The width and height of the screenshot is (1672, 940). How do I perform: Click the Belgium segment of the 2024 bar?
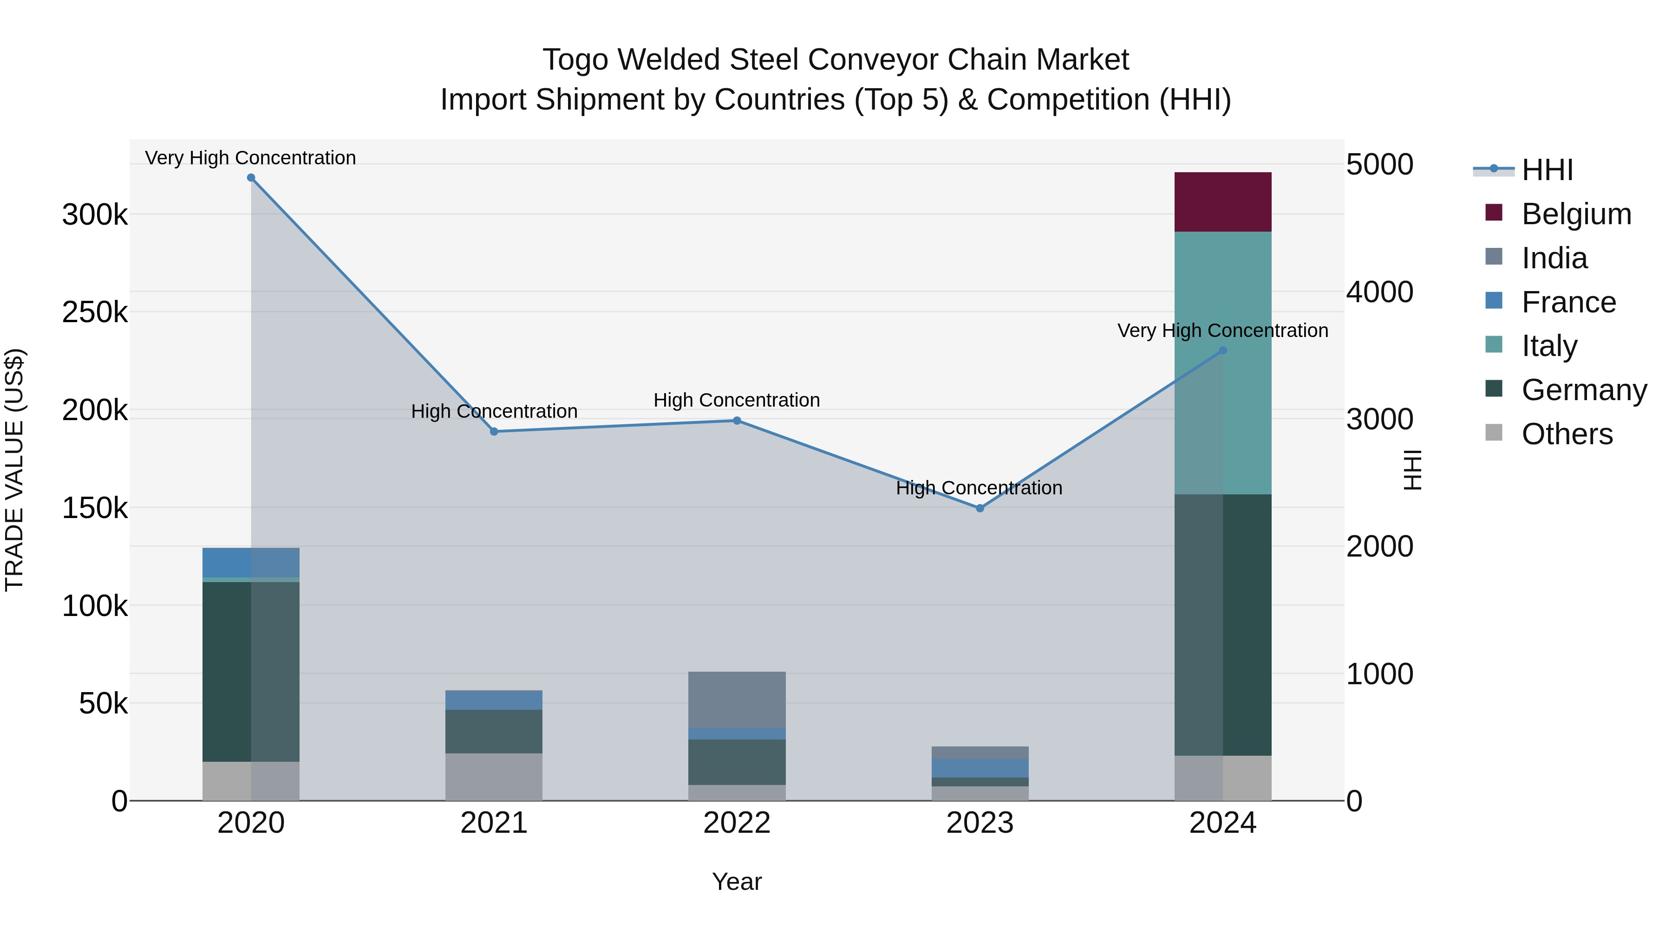click(1223, 202)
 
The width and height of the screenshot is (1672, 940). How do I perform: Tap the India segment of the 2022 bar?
click(737, 700)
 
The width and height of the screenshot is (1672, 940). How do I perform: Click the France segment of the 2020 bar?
click(251, 562)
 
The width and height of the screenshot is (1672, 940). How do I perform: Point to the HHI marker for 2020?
click(251, 178)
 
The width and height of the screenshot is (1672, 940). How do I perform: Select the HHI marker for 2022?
click(737, 421)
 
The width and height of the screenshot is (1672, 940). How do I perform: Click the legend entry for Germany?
click(1584, 390)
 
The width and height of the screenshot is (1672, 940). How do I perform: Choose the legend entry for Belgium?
click(1576, 214)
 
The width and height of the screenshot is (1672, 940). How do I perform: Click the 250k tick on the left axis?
click(95, 312)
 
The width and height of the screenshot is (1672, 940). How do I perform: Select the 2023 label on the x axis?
click(980, 823)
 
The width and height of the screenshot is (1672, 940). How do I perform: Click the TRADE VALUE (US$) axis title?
click(14, 470)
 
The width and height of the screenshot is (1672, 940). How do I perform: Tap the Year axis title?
click(737, 882)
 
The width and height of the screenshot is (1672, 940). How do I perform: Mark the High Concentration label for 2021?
click(494, 411)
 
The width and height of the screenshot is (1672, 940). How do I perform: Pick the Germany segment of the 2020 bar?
click(251, 671)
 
